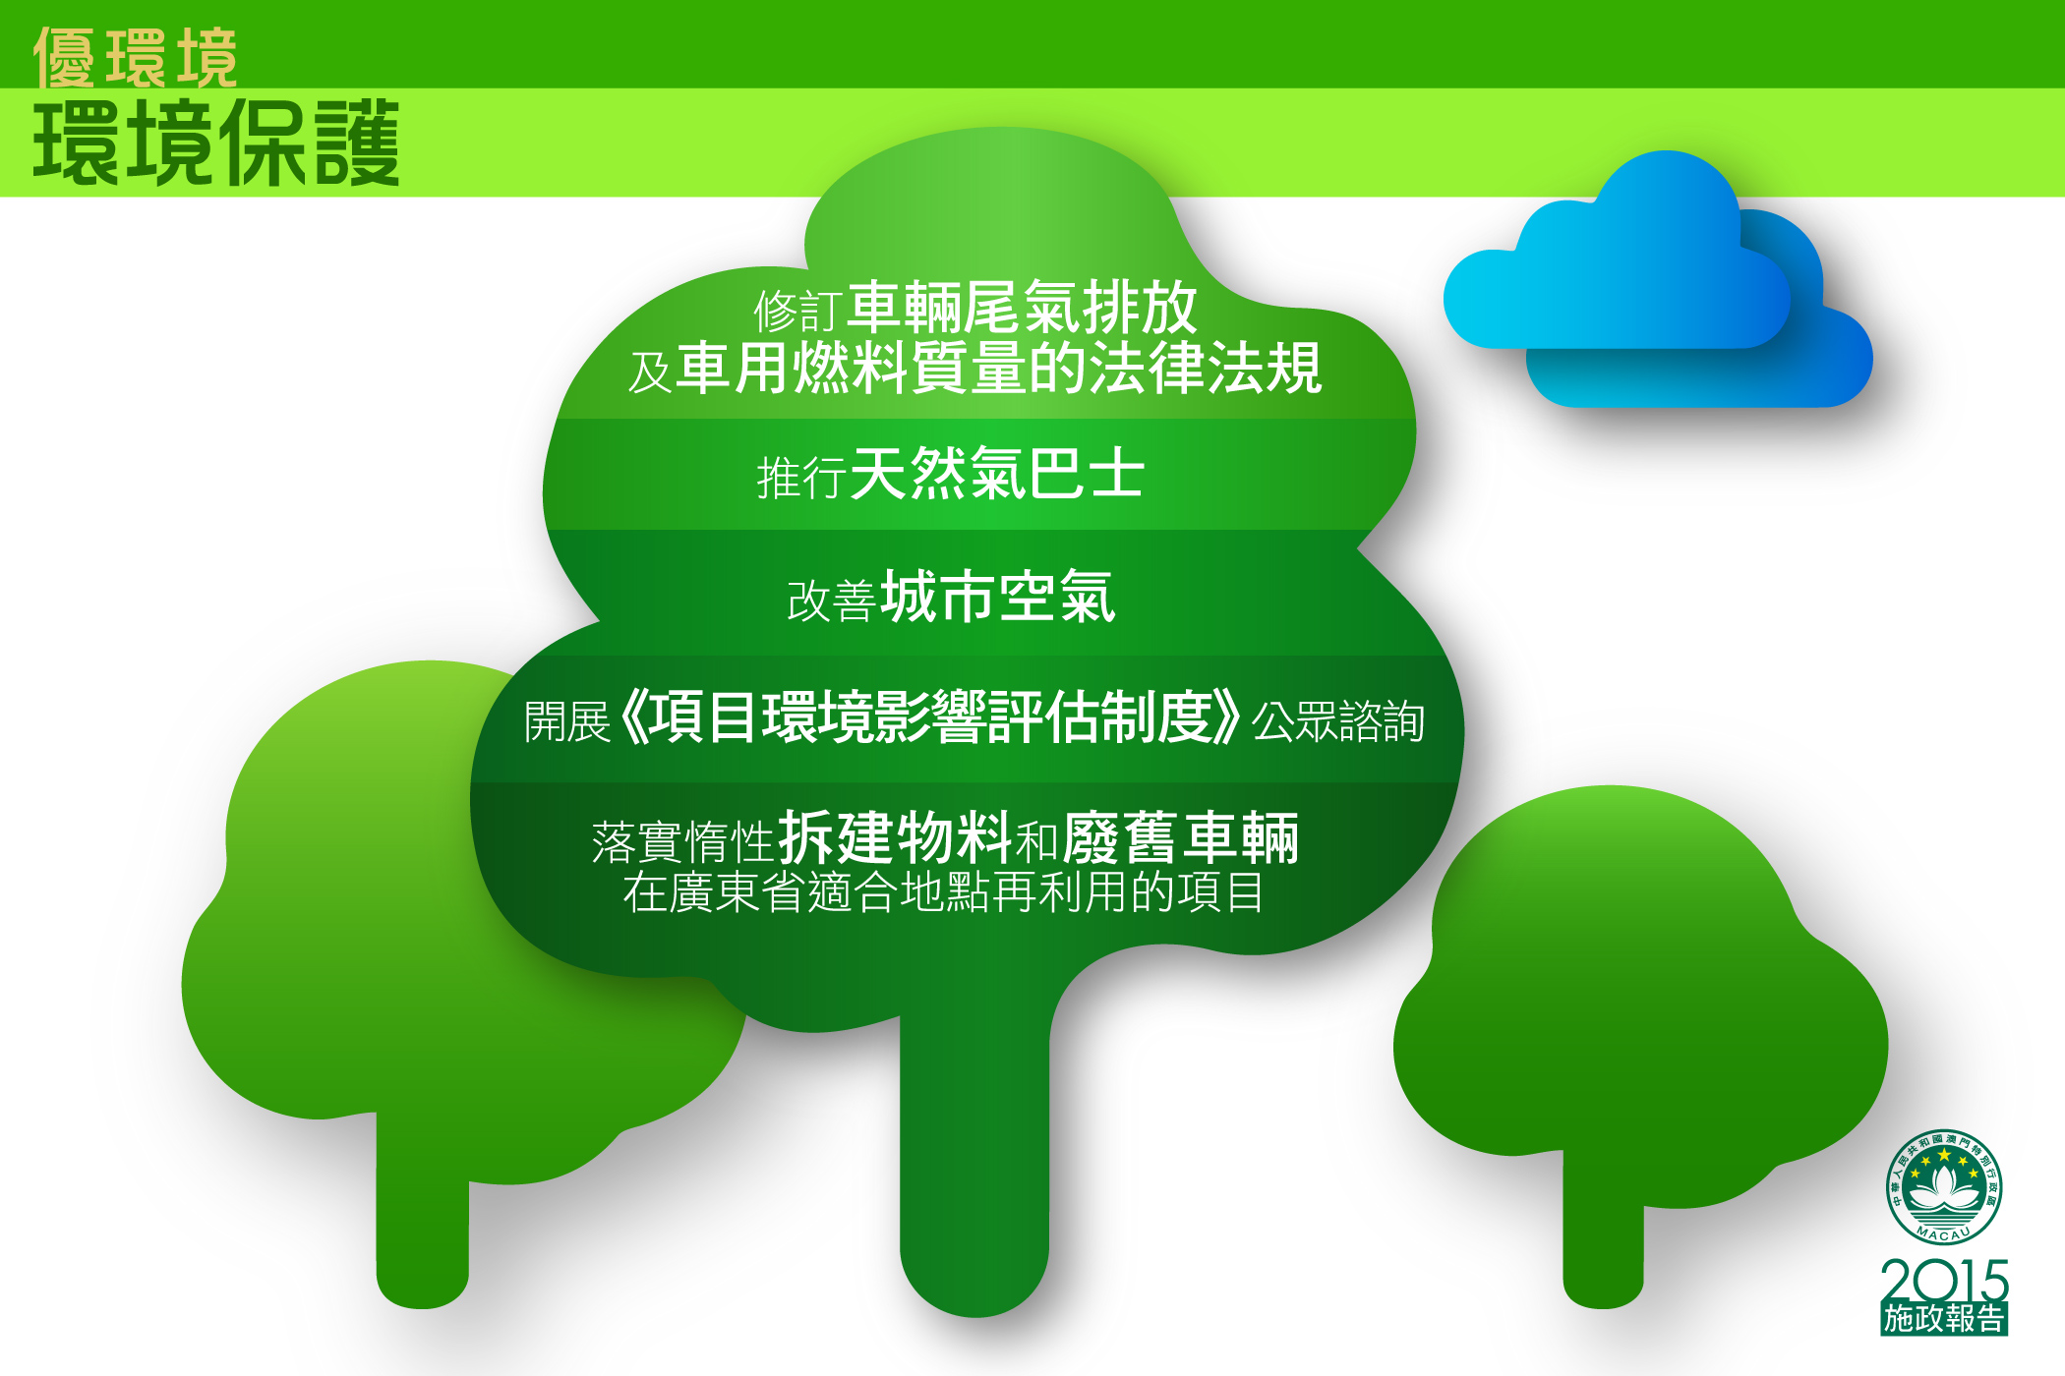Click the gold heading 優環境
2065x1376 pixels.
(x=136, y=57)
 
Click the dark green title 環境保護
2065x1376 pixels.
(x=216, y=143)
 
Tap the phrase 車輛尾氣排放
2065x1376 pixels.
(x=1023, y=308)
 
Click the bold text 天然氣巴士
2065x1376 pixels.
(x=997, y=473)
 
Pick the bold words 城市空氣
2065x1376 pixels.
(x=998, y=597)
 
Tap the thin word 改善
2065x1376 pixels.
(x=831, y=601)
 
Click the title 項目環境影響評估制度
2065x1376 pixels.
(x=930, y=717)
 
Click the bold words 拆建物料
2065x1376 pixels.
(x=895, y=838)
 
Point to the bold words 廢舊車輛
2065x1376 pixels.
(x=1181, y=838)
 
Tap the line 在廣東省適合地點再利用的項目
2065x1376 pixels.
(x=943, y=892)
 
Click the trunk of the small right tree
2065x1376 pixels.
(x=1603, y=1229)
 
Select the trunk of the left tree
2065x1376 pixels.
(x=423, y=1214)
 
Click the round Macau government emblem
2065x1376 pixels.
(x=1943, y=1187)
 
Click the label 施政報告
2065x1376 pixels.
(x=1944, y=1319)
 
